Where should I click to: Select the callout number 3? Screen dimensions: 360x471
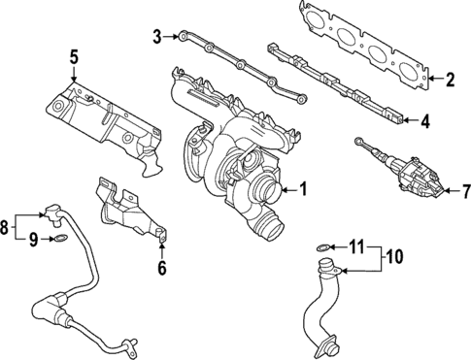pyautogui.click(x=156, y=38)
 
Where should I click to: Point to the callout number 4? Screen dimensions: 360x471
pyautogui.click(x=424, y=121)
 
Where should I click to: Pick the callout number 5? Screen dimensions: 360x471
pyautogui.click(x=72, y=56)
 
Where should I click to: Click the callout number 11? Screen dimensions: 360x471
pyautogui.click(x=355, y=246)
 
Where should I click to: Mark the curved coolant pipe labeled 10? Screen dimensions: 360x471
pyautogui.click(x=324, y=306)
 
